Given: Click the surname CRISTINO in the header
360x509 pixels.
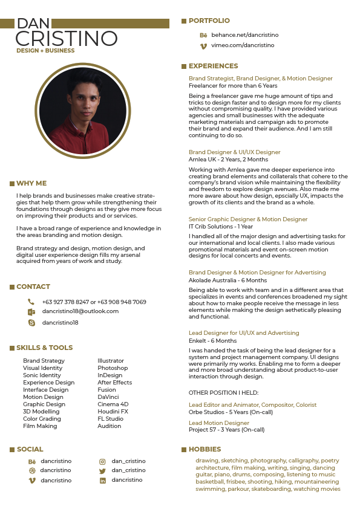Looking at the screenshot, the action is click(x=67, y=39).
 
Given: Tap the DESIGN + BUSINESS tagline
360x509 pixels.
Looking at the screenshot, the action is click(x=45, y=51).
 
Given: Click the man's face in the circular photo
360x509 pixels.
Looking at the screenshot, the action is click(x=82, y=99).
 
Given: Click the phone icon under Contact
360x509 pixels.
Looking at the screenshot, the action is click(x=31, y=302).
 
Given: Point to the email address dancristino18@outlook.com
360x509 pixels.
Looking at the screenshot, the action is click(x=80, y=311).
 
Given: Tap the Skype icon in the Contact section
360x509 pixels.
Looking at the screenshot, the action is click(x=31, y=323).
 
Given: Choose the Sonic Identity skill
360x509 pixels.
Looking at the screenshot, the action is click(x=42, y=375).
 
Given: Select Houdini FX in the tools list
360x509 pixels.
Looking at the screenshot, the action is click(x=113, y=412).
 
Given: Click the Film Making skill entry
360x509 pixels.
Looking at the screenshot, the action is click(x=40, y=426).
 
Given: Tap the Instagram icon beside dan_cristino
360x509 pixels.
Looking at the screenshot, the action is click(x=102, y=461).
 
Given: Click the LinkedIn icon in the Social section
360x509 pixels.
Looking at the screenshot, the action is click(x=102, y=481).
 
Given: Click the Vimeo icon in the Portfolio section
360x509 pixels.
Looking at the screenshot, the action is click(x=204, y=45).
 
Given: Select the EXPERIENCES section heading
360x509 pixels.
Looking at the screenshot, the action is click(x=213, y=66).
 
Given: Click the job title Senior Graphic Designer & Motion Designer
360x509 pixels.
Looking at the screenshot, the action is click(x=248, y=219).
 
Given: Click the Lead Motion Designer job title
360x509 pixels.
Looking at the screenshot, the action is click(x=219, y=423).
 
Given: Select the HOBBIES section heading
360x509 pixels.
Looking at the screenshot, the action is click(x=205, y=449).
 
